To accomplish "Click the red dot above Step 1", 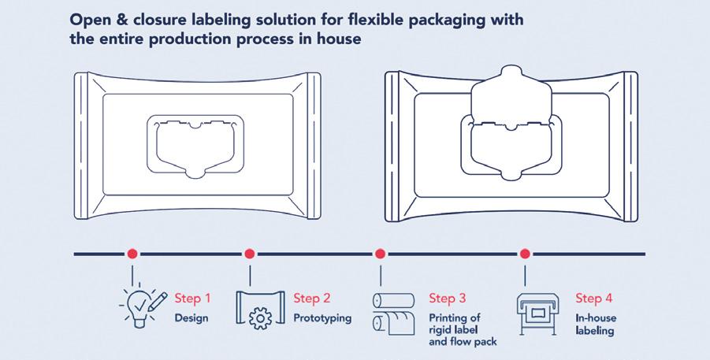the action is pyautogui.click(x=132, y=254).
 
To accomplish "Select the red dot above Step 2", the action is pyautogui.click(x=250, y=254).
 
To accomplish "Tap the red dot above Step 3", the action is pyautogui.click(x=380, y=254).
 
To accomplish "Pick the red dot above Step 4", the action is pyautogui.click(x=525, y=254).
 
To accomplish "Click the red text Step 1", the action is pyautogui.click(x=193, y=299).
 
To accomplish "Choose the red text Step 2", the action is pyautogui.click(x=312, y=299).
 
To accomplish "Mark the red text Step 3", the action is pyautogui.click(x=447, y=299).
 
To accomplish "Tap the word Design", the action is pyautogui.click(x=192, y=318).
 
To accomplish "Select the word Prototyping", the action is pyautogui.click(x=322, y=318).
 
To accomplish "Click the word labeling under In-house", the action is pyautogui.click(x=594, y=331).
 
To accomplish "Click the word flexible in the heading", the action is pyautogui.click(x=354, y=18).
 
